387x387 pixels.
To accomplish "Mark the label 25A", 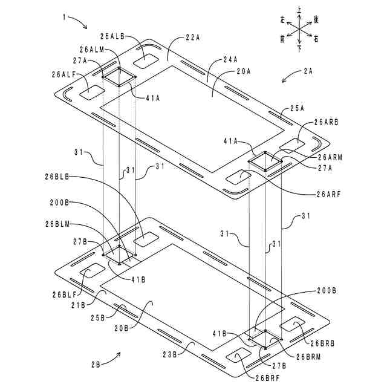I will coord(298,108).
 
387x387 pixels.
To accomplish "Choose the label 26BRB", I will coord(322,343).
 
